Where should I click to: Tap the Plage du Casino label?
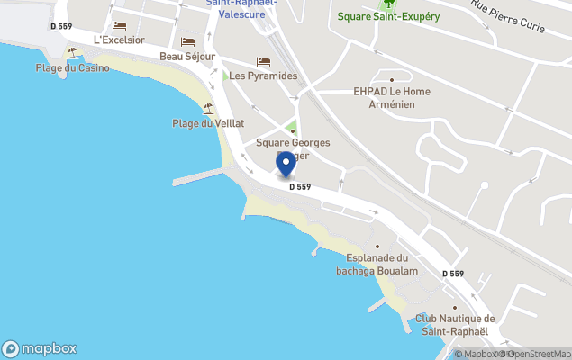[73, 67]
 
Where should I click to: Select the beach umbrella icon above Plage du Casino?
[72, 53]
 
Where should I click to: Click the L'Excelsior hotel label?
[119, 40]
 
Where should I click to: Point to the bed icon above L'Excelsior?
[119, 26]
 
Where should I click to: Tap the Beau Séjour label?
[187, 56]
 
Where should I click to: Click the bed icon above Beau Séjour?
[187, 41]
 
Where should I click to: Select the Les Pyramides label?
[263, 76]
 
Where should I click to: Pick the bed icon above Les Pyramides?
[263, 61]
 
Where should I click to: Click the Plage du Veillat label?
[208, 123]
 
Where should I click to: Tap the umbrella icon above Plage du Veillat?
[208, 109]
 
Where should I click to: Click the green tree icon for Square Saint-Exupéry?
[388, 4]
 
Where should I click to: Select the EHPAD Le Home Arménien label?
[391, 97]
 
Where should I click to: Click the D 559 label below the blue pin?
[300, 187]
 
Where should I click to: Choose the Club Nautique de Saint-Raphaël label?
[455, 324]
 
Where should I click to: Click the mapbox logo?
[40, 348]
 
